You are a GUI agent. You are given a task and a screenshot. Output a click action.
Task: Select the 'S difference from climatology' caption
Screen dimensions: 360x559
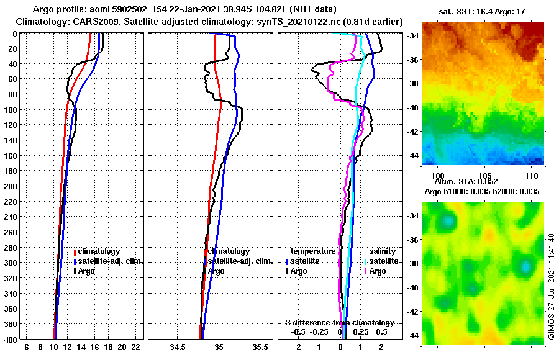tap(339, 323)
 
